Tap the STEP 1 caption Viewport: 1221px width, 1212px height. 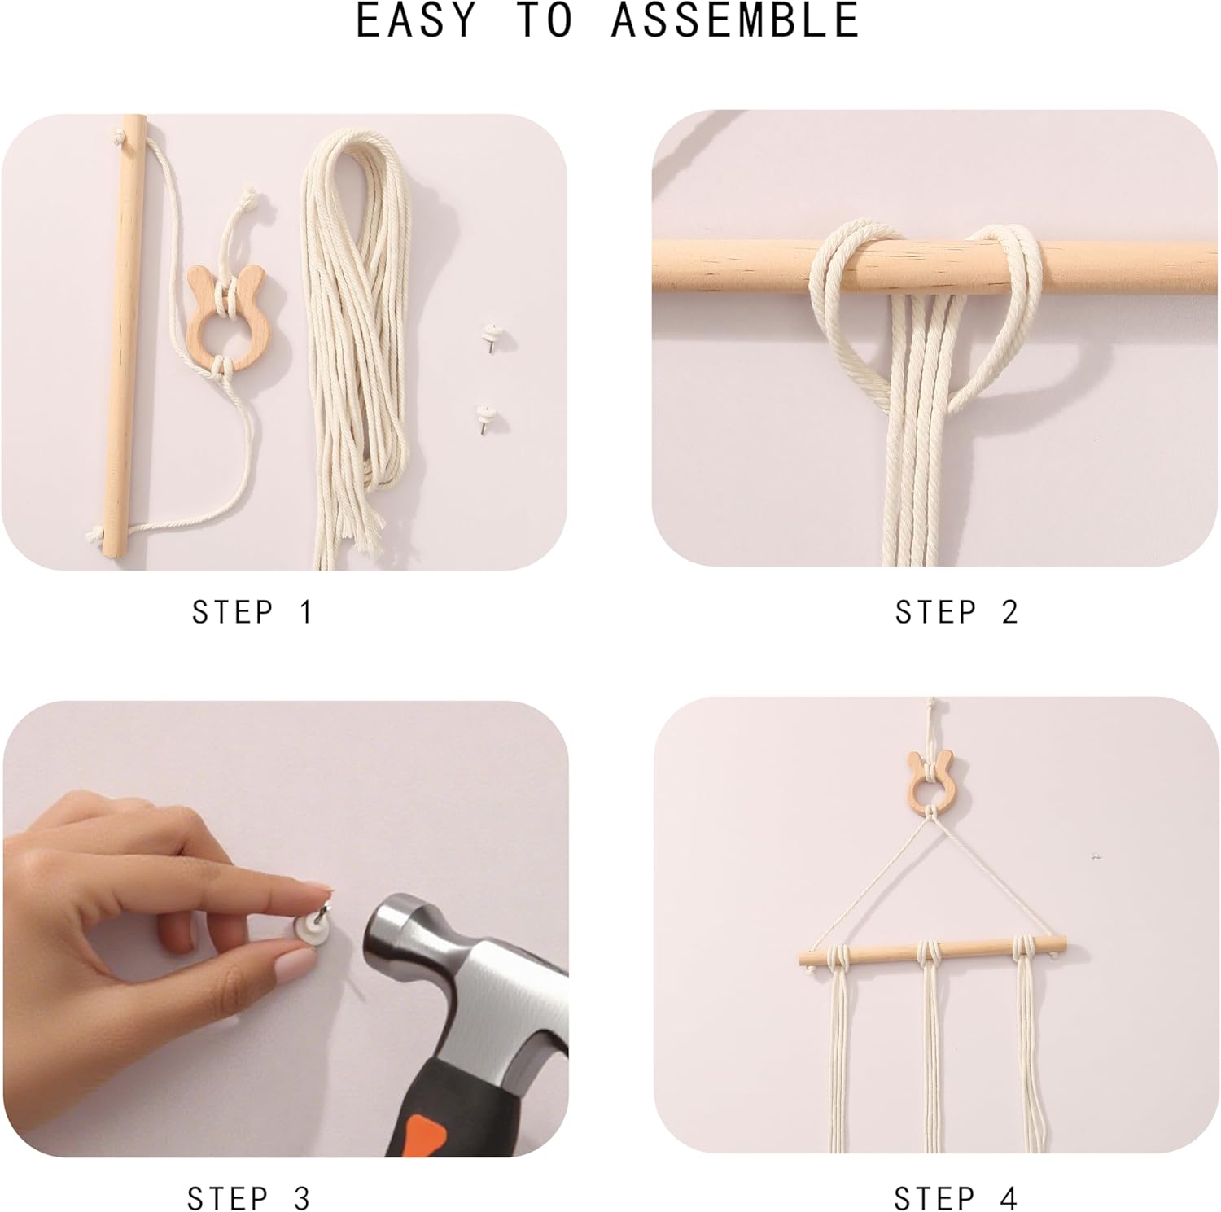(252, 612)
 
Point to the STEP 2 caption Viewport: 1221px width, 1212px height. (956, 612)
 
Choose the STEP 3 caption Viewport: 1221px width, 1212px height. (249, 1198)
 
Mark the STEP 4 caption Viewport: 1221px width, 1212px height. (956, 1198)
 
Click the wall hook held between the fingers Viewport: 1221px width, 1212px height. (313, 927)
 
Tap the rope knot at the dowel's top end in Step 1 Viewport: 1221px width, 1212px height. (121, 136)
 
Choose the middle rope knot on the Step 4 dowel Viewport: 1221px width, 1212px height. (930, 950)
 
